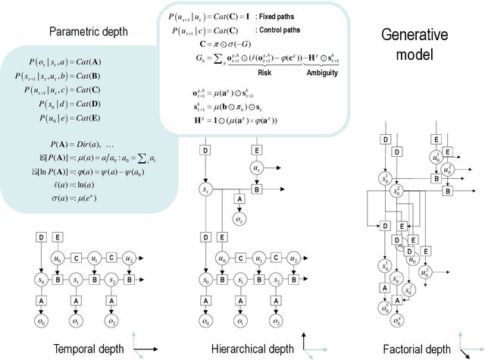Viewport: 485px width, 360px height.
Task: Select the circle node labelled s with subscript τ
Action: coord(205,189)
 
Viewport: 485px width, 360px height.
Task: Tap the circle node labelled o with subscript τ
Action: coord(239,220)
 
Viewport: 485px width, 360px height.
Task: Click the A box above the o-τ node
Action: coord(239,199)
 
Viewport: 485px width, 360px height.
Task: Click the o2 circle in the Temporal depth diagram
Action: coord(111,321)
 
